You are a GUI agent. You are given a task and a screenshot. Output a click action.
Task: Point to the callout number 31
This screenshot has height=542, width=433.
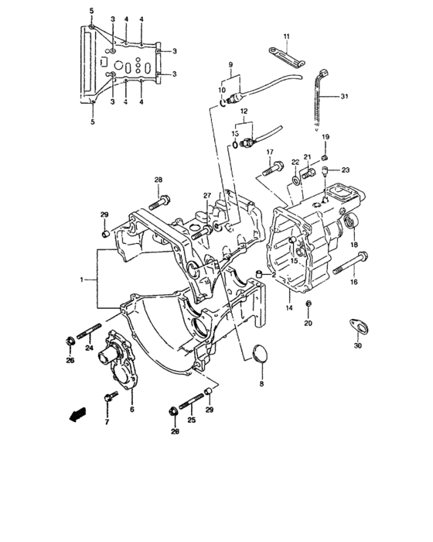(344, 97)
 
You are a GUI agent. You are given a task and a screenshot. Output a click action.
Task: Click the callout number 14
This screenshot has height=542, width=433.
(288, 307)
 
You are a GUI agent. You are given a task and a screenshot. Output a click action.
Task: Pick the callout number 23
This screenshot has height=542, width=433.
(346, 170)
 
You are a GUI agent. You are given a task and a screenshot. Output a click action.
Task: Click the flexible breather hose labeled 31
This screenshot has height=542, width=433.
(319, 97)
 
